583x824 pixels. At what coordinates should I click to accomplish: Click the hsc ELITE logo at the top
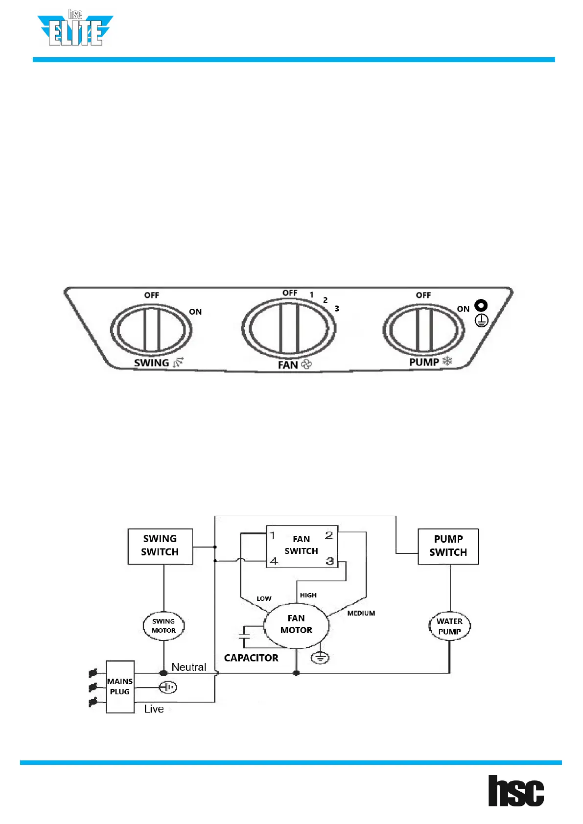click(75, 29)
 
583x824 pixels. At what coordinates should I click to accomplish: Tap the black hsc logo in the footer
click(516, 791)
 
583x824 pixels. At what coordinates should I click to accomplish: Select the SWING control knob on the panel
click(151, 329)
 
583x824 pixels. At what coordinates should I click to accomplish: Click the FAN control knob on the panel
click(289, 328)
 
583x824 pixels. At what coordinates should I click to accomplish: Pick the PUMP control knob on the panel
click(423, 329)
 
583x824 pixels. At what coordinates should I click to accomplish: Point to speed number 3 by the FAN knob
click(337, 309)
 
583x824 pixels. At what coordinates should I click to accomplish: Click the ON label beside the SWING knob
click(195, 312)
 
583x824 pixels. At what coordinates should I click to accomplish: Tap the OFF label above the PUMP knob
click(423, 295)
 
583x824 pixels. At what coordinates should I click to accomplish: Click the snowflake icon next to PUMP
click(447, 362)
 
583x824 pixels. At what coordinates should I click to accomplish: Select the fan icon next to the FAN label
click(307, 365)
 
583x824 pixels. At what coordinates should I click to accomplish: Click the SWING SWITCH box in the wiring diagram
click(160, 546)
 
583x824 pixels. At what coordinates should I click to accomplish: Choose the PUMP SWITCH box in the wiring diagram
click(448, 546)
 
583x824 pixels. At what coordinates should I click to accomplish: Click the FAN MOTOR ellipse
click(296, 625)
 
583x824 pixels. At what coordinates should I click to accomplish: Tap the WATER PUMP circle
click(449, 626)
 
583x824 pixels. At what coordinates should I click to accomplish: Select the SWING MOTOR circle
click(163, 626)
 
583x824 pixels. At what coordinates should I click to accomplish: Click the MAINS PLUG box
click(120, 687)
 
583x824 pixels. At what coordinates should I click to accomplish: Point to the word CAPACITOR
click(251, 658)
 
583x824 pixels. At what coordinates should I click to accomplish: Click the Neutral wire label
click(188, 667)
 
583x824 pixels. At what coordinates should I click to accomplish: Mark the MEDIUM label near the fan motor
click(361, 613)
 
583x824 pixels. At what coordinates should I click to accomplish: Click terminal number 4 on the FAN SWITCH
click(274, 561)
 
